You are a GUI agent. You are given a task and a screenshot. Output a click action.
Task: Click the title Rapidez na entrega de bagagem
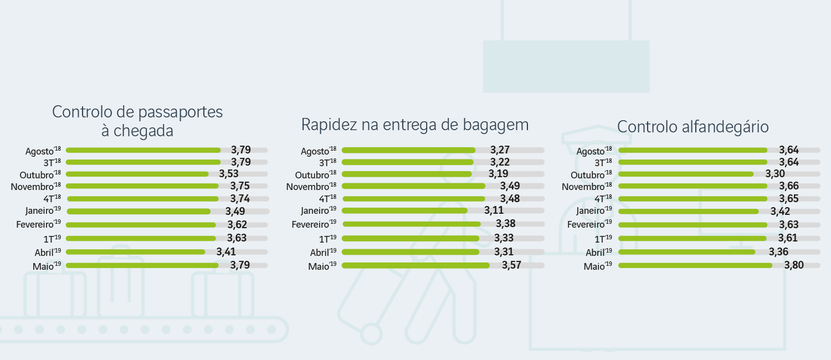tap(414, 125)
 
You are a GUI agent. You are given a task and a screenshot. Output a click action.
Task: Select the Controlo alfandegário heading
tap(693, 126)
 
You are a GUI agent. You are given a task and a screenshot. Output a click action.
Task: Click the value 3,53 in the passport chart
tap(228, 173)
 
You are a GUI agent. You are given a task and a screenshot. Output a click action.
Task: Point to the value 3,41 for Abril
tap(226, 251)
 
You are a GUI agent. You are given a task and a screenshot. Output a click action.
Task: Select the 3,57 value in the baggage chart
tap(511, 265)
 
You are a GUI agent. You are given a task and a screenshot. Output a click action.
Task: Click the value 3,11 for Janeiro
tap(494, 210)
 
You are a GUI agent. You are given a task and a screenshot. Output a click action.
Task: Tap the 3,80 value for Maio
tap(794, 265)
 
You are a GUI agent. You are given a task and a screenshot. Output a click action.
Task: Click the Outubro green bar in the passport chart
tap(137, 174)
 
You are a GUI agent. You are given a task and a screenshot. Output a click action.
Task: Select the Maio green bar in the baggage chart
tap(416, 265)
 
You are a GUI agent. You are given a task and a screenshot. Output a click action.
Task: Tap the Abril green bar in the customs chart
tap(686, 251)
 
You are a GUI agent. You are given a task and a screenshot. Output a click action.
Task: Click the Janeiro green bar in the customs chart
tap(688, 211)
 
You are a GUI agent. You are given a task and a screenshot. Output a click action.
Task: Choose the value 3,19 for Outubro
tap(499, 173)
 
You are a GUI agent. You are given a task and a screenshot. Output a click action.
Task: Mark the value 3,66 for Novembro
tap(789, 186)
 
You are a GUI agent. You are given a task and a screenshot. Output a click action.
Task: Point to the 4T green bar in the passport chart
tap(142, 198)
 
